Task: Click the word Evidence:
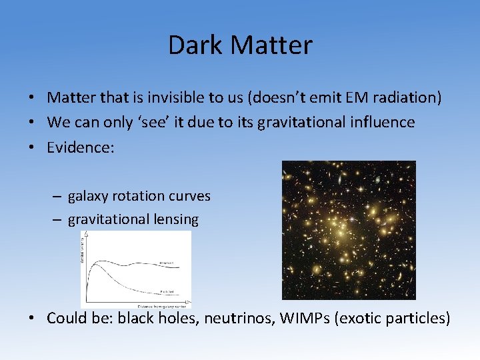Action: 80,147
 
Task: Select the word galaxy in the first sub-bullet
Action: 89,197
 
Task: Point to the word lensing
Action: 175,220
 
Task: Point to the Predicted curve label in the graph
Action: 167,291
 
